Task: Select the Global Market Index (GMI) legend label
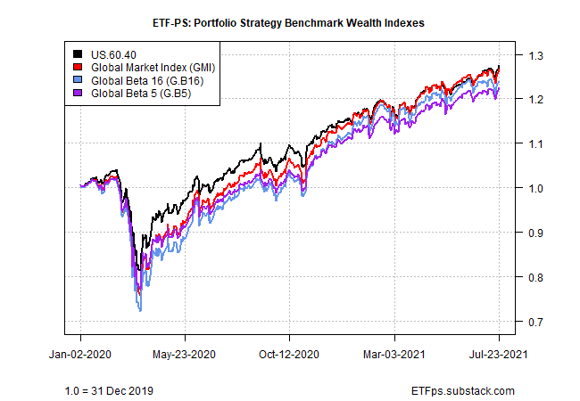coord(152,67)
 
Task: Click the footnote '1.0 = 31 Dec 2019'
coord(111,390)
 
